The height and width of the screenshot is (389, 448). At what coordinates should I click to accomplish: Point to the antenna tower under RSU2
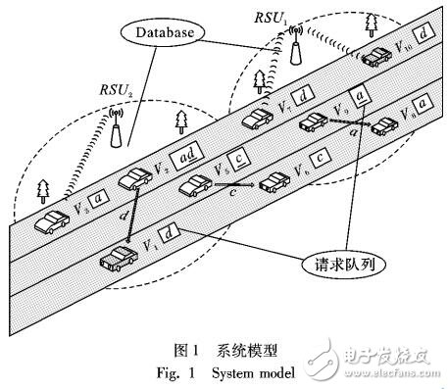[117, 125]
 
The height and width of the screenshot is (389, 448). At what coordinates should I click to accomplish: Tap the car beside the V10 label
[378, 58]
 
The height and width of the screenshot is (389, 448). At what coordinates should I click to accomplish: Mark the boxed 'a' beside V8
[422, 101]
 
